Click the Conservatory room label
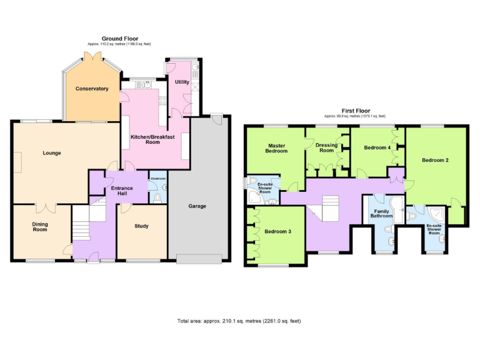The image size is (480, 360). pyautogui.click(x=92, y=89)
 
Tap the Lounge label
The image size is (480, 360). pyautogui.click(x=51, y=152)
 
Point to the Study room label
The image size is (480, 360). pyautogui.click(x=141, y=226)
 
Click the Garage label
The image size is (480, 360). pyautogui.click(x=197, y=206)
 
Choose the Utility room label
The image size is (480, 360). pyautogui.click(x=182, y=82)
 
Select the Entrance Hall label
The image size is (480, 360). pyautogui.click(x=121, y=191)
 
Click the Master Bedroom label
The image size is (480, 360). pyautogui.click(x=276, y=148)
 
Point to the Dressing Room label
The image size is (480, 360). pyautogui.click(x=327, y=148)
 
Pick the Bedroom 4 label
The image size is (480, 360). pyautogui.click(x=377, y=147)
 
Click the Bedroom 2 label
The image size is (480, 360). pyautogui.click(x=435, y=160)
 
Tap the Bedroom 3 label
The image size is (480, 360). pyautogui.click(x=277, y=231)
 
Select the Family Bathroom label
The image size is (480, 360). pyautogui.click(x=382, y=214)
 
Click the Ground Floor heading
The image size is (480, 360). pyautogui.click(x=120, y=39)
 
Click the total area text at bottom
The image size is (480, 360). pyautogui.click(x=239, y=321)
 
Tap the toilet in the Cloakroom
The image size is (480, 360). pyautogui.click(x=157, y=197)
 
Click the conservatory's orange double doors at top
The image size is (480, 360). pyautogui.click(x=92, y=57)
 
